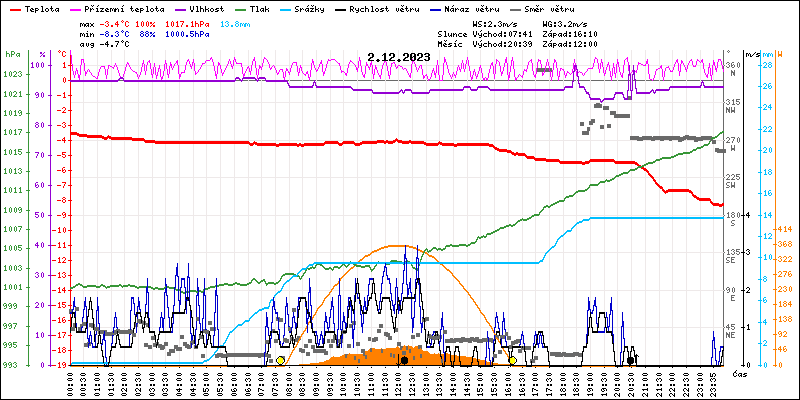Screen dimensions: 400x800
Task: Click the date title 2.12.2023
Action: (x=399, y=57)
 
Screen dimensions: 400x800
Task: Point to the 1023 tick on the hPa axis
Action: (x=13, y=75)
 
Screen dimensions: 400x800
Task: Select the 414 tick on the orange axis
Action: (x=785, y=229)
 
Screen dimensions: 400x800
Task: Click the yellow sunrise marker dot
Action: (x=281, y=360)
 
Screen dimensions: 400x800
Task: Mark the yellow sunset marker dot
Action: (x=513, y=360)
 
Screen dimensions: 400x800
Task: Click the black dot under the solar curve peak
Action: (x=404, y=360)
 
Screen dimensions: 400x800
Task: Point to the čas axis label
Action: (x=741, y=374)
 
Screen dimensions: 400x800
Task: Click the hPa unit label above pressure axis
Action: (x=13, y=54)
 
